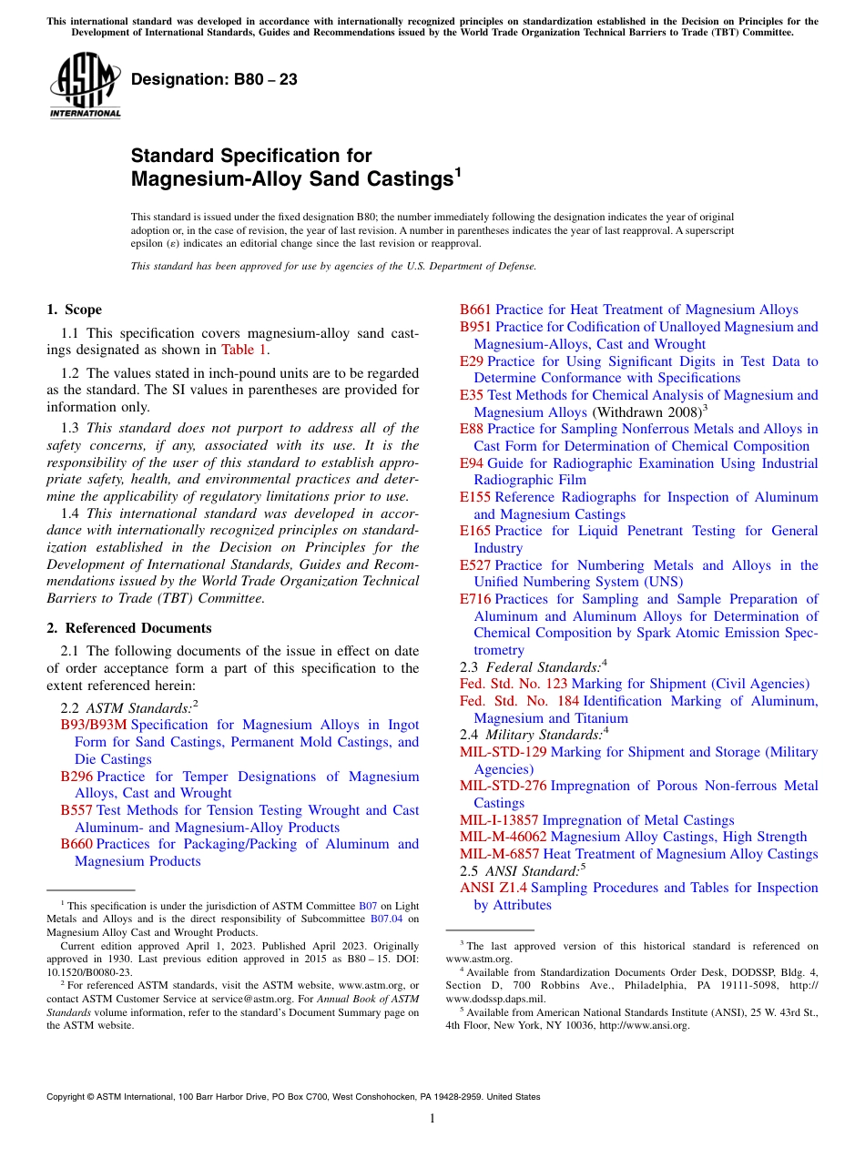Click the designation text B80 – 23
pyautogui.click(x=214, y=80)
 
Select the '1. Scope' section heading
pyautogui.click(x=75, y=310)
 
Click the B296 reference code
pyautogui.click(x=76, y=777)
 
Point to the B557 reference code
pyautogui.click(x=76, y=810)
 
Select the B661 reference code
pyautogui.click(x=475, y=310)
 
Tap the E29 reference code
pyautogui.click(x=472, y=361)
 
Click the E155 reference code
pyautogui.click(x=475, y=497)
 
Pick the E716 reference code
pyautogui.click(x=475, y=599)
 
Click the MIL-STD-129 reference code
pyautogui.click(x=503, y=752)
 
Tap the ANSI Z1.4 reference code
pyautogui.click(x=494, y=888)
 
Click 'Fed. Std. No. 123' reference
pyautogui.click(x=514, y=684)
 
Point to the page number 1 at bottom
pyautogui.click(x=432, y=1119)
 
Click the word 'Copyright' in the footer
pyautogui.click(x=68, y=1097)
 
